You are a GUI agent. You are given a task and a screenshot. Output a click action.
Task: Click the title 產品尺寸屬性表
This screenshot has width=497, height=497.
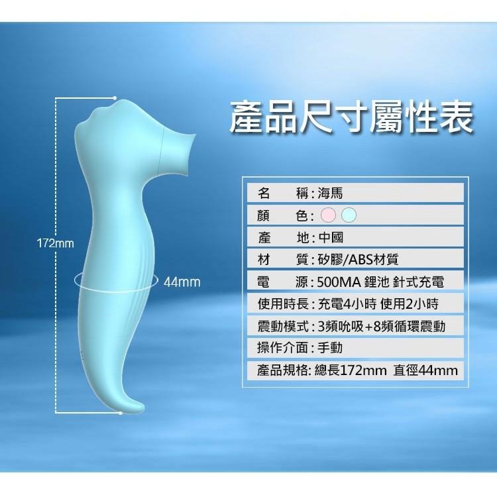pos(351,117)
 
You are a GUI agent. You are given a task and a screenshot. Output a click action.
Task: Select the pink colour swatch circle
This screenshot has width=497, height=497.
pos(328,215)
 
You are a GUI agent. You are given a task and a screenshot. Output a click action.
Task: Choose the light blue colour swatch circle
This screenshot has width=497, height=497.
pos(349,215)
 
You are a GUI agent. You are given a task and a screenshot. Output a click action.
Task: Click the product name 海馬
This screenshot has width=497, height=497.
pos(330,193)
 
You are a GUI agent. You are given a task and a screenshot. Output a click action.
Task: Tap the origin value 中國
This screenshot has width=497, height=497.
pos(330,237)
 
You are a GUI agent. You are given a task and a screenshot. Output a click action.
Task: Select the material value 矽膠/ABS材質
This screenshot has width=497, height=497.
pos(357,259)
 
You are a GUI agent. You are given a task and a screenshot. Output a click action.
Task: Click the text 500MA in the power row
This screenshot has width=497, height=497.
pos(338,282)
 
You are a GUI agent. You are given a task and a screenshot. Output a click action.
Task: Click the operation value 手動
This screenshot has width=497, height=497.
pos(330,347)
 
